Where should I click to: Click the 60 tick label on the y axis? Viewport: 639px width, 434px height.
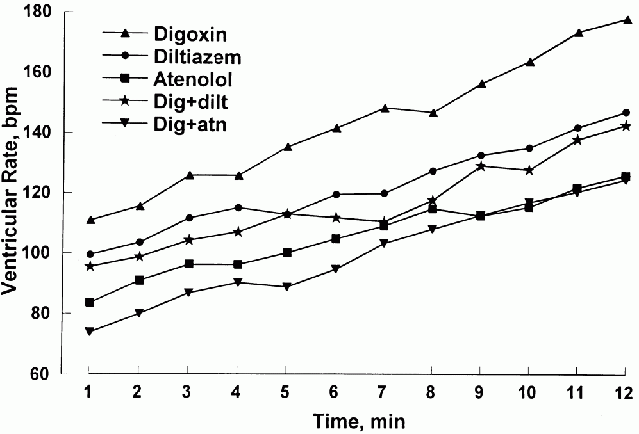(x=65, y=374)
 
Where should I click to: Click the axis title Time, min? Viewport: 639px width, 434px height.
(x=359, y=421)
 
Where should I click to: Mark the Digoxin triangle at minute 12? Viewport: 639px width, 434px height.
(x=625, y=20)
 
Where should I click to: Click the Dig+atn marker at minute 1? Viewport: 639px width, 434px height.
(x=90, y=332)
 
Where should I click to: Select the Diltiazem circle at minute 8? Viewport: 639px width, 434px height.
(x=432, y=171)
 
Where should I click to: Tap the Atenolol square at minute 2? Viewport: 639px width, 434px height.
(x=139, y=280)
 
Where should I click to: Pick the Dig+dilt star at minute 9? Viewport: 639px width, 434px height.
(x=480, y=166)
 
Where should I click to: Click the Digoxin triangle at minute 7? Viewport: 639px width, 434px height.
(x=384, y=108)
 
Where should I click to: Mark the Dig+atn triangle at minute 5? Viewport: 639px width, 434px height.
(x=286, y=287)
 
